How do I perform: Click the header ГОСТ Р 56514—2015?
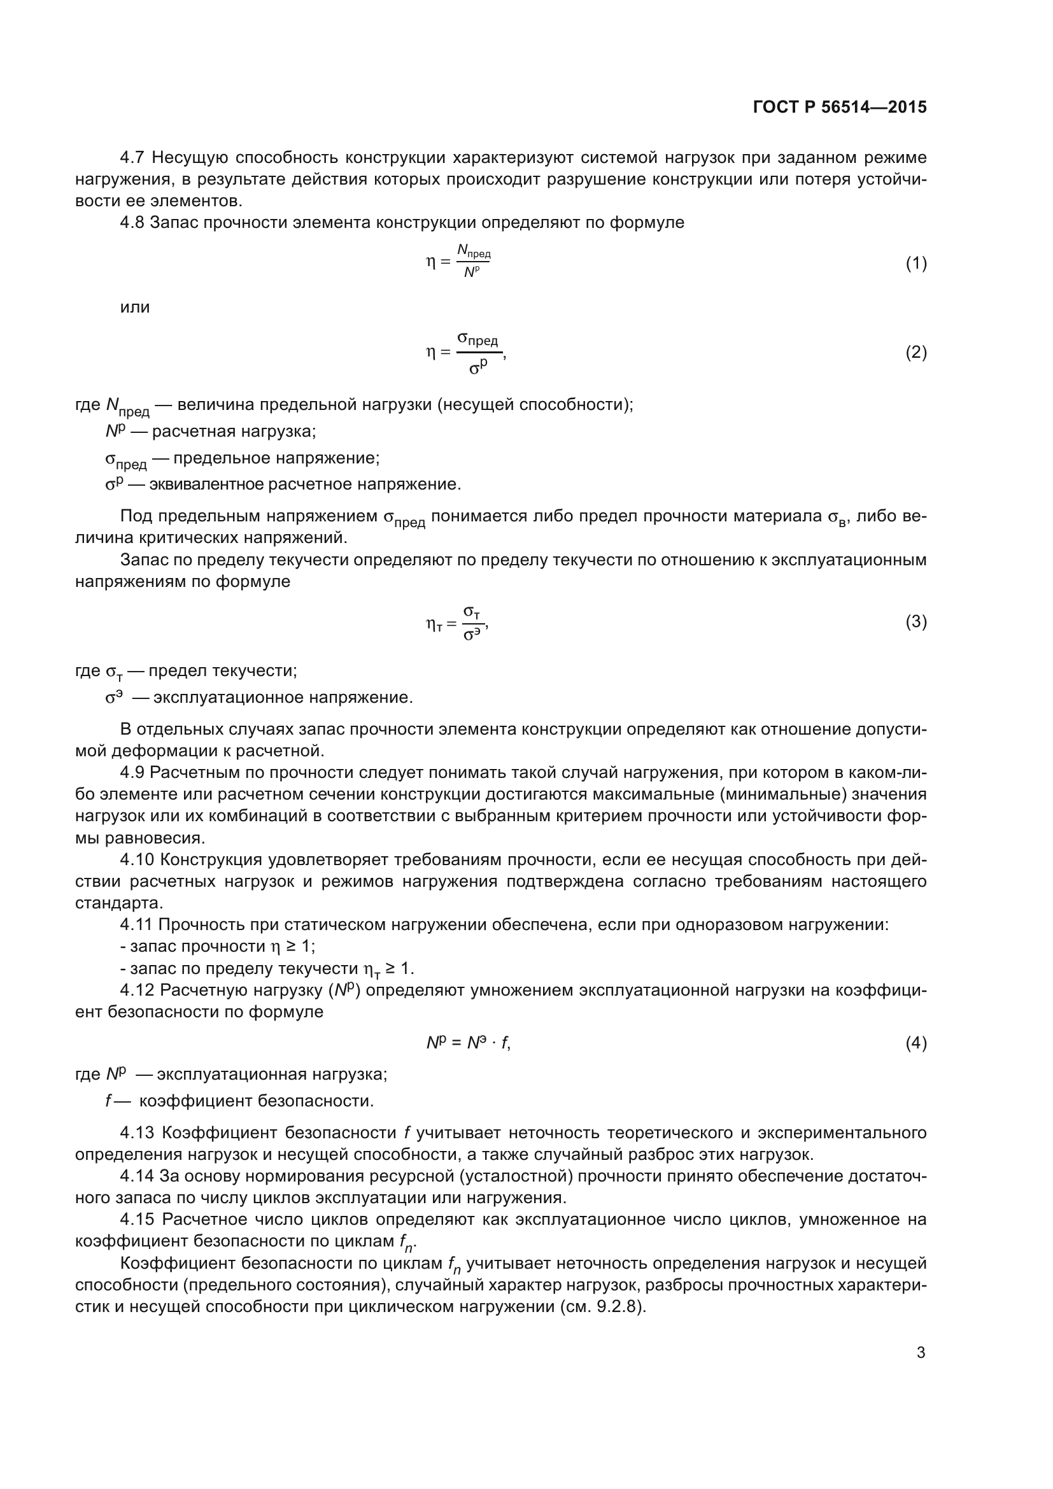click(x=840, y=107)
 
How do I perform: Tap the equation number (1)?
click(x=915, y=264)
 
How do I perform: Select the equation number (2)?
click(x=915, y=352)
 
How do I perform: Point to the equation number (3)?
click(x=915, y=622)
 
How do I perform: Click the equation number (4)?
click(x=915, y=1043)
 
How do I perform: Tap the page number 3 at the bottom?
click(x=921, y=1352)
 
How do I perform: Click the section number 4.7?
click(x=133, y=158)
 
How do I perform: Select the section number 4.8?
click(x=133, y=222)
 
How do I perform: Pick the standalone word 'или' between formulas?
click(x=135, y=307)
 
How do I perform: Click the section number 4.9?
click(x=133, y=772)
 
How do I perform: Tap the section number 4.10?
click(x=137, y=860)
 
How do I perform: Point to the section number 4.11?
click(x=136, y=925)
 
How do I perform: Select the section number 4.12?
click(x=137, y=991)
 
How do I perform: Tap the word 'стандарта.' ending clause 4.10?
click(x=119, y=903)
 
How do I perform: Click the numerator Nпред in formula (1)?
click(x=473, y=251)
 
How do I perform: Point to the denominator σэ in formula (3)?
click(x=472, y=634)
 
